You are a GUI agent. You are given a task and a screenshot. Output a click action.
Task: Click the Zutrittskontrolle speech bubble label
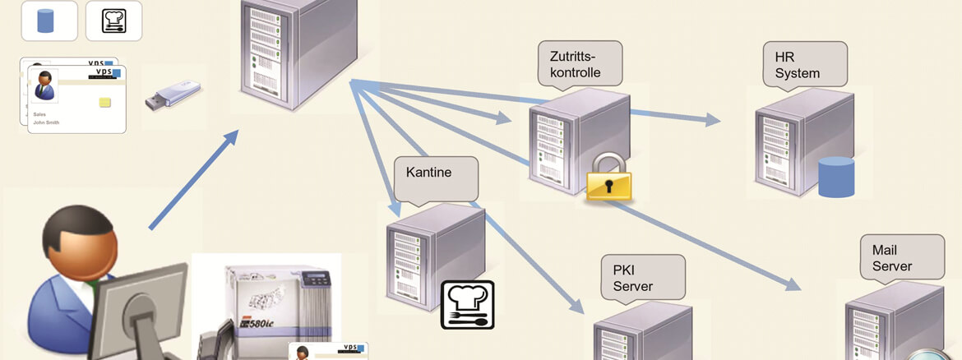[x=579, y=63]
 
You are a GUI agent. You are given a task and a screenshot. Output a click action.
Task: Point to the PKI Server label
[x=642, y=277]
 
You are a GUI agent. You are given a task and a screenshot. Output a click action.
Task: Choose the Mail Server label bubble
[x=899, y=258]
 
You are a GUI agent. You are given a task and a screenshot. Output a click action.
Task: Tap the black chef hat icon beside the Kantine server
[x=468, y=304]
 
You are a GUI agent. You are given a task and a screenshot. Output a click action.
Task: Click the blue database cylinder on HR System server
[x=836, y=177]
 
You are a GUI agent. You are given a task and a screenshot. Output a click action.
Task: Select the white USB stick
[x=173, y=95]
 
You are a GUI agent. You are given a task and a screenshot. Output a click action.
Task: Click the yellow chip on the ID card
[x=104, y=102]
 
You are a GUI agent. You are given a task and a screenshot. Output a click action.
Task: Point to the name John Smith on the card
[x=47, y=122]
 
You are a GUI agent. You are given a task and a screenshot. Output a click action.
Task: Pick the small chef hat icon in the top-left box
[x=113, y=21]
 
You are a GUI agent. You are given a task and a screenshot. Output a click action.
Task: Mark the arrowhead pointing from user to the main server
[x=229, y=139]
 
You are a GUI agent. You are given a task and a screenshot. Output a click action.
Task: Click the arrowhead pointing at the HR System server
[x=712, y=120]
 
